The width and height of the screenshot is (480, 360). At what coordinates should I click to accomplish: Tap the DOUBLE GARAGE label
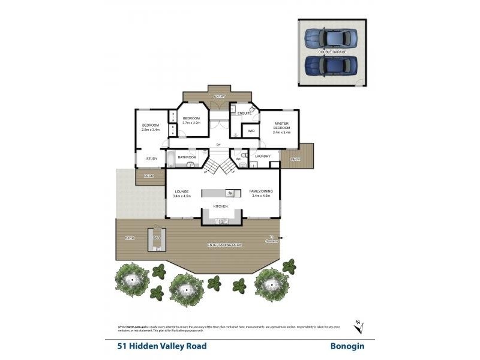tap(332, 52)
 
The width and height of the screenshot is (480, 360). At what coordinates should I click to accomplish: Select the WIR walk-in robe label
tap(251, 130)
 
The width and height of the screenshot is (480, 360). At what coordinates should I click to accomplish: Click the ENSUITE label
tap(244, 113)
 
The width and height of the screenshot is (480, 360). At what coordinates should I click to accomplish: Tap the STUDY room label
tap(151, 159)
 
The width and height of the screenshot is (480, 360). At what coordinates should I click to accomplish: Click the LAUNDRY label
tap(262, 156)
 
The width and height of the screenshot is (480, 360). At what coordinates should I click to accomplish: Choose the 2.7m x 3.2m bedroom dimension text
tap(191, 123)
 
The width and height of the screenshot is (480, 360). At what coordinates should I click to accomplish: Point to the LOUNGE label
tap(181, 191)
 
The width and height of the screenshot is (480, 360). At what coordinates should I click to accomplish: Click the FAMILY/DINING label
tap(261, 191)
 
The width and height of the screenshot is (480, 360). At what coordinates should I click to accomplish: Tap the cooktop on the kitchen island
tap(229, 193)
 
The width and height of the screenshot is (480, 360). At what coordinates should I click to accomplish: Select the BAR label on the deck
tap(157, 238)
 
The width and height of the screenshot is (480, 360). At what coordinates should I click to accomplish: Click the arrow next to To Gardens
tap(280, 238)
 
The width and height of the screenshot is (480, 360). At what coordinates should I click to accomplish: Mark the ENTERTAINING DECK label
tap(225, 245)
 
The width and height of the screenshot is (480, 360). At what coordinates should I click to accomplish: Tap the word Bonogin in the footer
tap(347, 346)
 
